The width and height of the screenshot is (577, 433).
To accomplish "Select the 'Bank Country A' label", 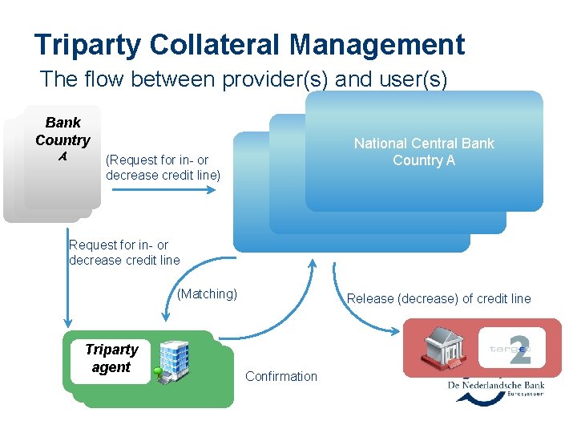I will [63, 140].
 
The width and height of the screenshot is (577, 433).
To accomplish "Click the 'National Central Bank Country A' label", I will [424, 152].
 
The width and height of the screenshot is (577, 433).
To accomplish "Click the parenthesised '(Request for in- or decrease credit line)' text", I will [163, 168].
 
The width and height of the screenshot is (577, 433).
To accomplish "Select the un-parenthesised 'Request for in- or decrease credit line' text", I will [124, 252].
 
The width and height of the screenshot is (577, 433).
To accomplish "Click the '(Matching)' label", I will [207, 293].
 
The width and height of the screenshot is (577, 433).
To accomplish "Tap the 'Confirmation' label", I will [280, 376].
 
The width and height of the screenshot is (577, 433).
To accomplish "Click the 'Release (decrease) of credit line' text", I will [438, 298].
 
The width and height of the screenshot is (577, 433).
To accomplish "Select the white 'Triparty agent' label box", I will [111, 358].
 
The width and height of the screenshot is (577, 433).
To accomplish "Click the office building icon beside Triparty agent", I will [171, 359].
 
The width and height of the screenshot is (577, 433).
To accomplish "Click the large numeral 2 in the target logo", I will [520, 347].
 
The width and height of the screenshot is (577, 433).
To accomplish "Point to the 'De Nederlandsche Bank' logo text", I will [496, 386].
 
